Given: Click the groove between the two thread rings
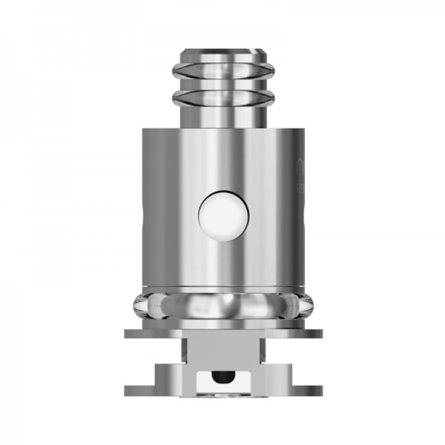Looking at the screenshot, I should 222,85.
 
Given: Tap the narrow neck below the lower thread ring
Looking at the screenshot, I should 222,115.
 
